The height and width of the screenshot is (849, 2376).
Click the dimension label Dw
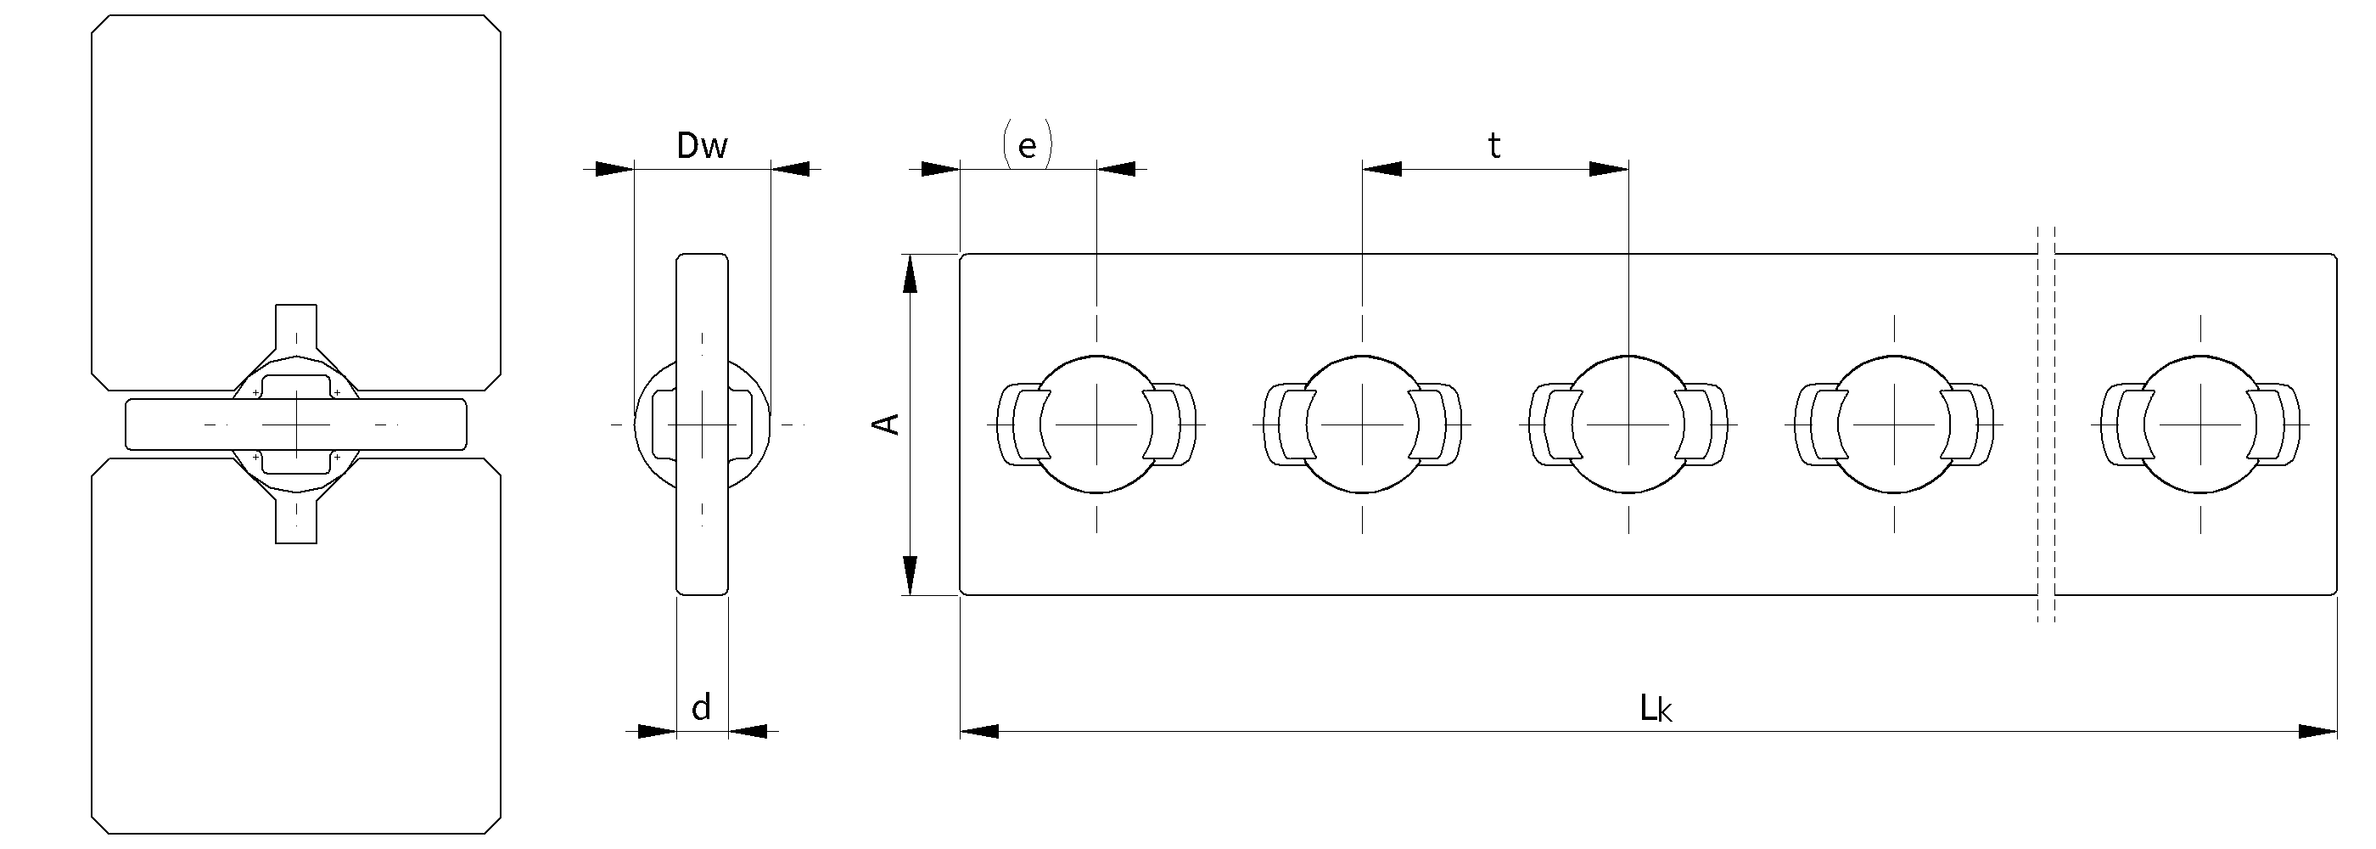[x=702, y=146]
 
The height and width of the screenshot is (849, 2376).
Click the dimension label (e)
[x=1027, y=146]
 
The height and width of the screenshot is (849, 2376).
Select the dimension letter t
[x=1494, y=146]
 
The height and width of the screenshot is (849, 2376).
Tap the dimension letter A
[x=888, y=424]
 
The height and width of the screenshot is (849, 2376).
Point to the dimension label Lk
[x=1656, y=709]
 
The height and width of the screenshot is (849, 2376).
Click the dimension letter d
[x=701, y=708]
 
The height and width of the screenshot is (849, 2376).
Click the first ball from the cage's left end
[x=1096, y=424]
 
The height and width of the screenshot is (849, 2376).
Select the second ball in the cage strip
[x=1362, y=424]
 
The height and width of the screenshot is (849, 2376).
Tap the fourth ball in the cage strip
[x=1895, y=424]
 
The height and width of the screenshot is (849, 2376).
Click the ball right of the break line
[x=2200, y=424]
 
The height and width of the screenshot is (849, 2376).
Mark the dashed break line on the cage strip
[x=2046, y=424]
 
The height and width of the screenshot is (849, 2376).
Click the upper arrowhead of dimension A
[x=911, y=273]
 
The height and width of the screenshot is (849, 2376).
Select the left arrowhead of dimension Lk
[x=979, y=732]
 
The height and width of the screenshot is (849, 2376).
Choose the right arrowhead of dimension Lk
[x=2317, y=732]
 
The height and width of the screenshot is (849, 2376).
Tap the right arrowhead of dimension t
[x=1609, y=169]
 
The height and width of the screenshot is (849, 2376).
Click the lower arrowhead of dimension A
[x=911, y=575]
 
